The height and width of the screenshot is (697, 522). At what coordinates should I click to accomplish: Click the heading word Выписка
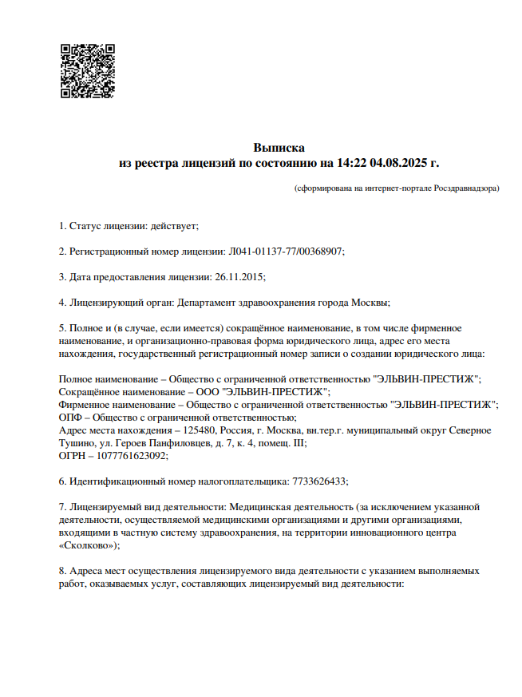pos(279,148)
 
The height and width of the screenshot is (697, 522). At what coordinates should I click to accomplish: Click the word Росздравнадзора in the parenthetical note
pos(466,188)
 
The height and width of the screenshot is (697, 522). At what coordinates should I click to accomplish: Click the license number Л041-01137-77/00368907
pos(286,251)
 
